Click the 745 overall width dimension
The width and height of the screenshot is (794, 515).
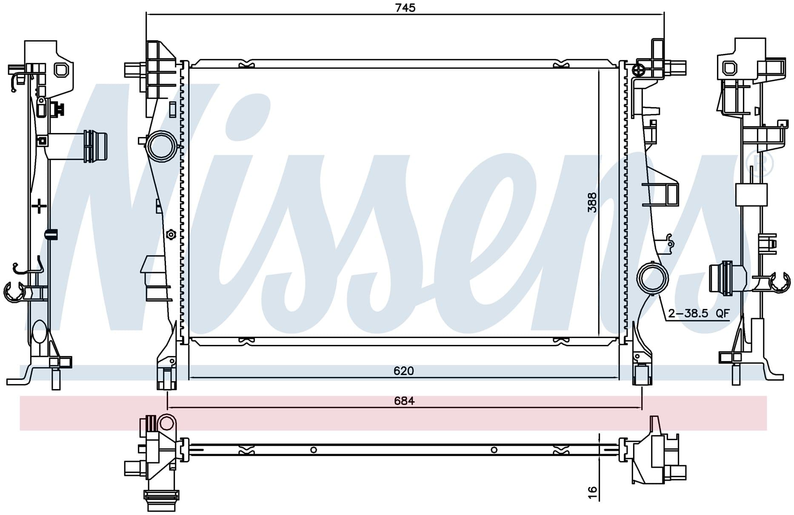pyautogui.click(x=405, y=8)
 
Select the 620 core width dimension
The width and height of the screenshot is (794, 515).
pyautogui.click(x=403, y=371)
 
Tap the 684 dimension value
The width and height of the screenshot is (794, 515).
pyautogui.click(x=404, y=401)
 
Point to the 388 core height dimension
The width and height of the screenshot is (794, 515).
pyautogui.click(x=592, y=202)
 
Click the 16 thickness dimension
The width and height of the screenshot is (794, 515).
pyautogui.click(x=592, y=492)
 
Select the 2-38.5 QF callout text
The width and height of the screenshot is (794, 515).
pyautogui.click(x=699, y=313)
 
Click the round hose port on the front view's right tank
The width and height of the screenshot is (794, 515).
pyautogui.click(x=652, y=278)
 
